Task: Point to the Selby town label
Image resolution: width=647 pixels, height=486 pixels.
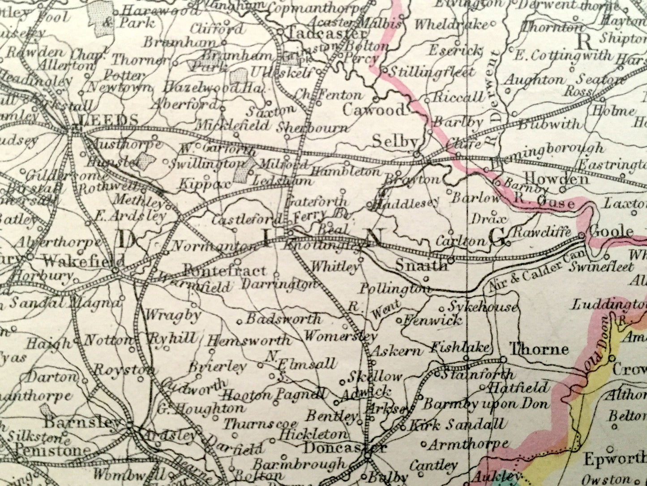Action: pos(395,142)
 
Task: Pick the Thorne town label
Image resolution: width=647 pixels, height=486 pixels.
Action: pos(539,349)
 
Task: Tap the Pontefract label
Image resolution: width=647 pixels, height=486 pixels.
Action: pos(225,271)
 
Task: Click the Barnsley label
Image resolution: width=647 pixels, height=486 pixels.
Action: pos(83,422)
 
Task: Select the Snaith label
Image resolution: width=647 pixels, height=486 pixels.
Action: pos(421,265)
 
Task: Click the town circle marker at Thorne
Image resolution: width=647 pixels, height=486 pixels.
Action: pos(503,359)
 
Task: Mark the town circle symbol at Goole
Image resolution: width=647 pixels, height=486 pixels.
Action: pos(582,235)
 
